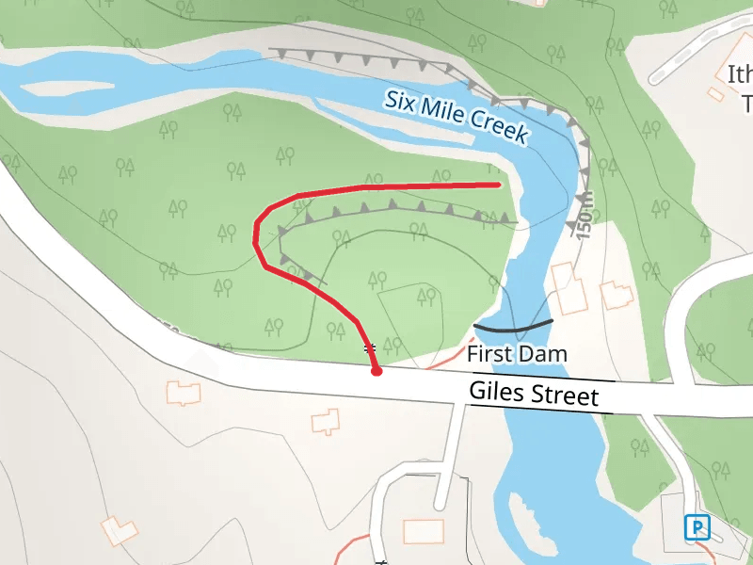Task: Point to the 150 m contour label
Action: click(585, 216)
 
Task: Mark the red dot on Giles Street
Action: click(376, 372)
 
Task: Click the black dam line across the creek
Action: click(513, 328)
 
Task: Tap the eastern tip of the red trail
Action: click(497, 185)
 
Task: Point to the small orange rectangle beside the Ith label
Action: click(716, 94)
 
